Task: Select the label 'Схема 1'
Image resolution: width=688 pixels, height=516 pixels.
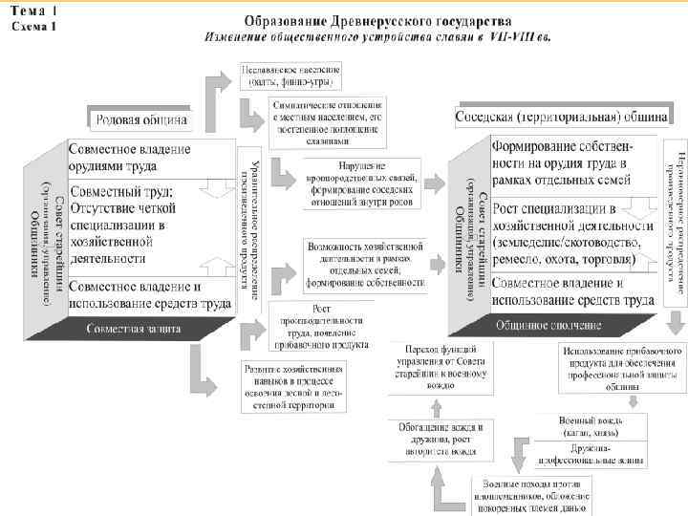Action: point(34,27)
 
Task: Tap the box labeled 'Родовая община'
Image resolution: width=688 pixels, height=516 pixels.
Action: point(141,120)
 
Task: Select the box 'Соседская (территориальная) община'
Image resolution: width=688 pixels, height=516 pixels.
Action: point(561,117)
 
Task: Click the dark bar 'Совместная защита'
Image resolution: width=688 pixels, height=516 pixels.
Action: point(134,329)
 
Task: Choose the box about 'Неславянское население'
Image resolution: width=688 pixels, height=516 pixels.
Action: point(294,75)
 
